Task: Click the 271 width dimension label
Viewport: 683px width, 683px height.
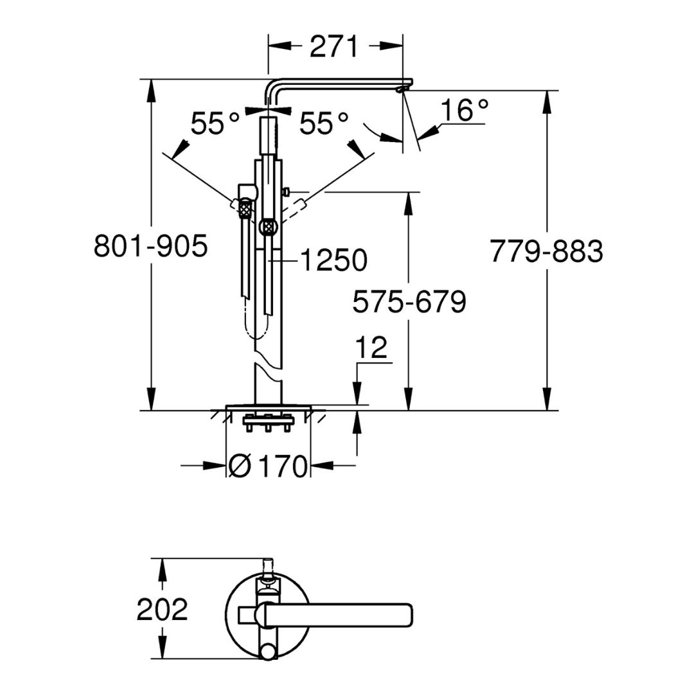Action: [333, 47]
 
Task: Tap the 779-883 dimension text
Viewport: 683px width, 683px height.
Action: [546, 251]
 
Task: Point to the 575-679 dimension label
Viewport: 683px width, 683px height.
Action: [409, 301]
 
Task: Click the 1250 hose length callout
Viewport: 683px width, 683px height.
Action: [333, 260]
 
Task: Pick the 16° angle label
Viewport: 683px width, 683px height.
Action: [465, 111]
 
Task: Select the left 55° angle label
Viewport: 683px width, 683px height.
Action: [215, 124]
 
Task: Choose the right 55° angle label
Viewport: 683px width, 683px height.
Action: [324, 124]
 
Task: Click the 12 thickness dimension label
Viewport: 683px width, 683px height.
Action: [371, 347]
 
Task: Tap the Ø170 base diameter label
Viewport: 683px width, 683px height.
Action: [268, 466]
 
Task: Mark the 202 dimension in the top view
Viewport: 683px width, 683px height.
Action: [162, 609]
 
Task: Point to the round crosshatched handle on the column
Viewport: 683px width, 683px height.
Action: [267, 227]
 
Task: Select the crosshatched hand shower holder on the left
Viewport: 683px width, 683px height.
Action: [245, 207]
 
